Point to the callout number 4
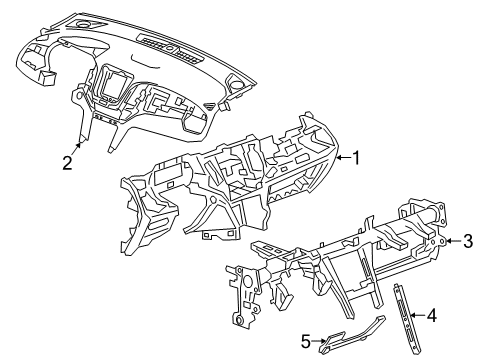click(432, 316)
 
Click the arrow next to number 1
click(338, 157)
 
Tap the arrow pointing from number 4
click(416, 316)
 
